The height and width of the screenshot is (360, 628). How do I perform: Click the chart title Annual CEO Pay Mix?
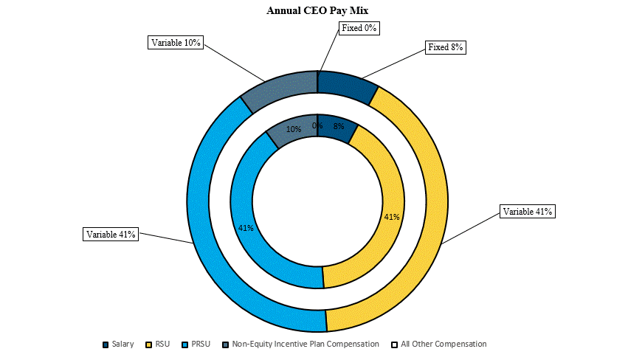coord(317,10)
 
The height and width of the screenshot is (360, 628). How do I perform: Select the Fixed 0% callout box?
coord(359,28)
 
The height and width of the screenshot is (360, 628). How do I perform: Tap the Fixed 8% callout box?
coord(446,47)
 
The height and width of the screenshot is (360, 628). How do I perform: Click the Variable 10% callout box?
coord(176,43)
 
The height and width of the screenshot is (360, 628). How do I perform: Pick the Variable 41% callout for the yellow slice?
coord(527,212)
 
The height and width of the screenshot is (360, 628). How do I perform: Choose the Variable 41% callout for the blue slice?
coord(111,235)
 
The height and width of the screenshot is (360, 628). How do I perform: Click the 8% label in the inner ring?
coord(339,126)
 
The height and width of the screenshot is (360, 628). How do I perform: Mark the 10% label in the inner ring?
coord(293,129)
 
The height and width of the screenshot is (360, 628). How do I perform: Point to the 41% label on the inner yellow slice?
coord(392,217)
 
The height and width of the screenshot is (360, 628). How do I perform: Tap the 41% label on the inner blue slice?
coord(246,228)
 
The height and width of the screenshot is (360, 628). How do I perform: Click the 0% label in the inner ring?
coord(317,125)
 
